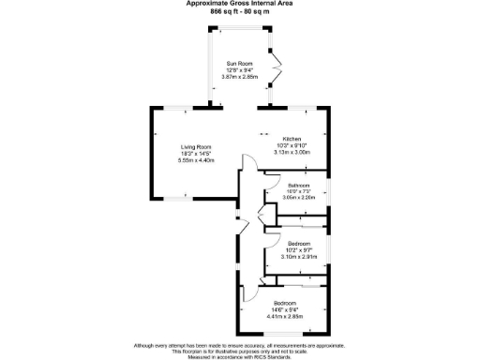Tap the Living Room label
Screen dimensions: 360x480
coord(197,147)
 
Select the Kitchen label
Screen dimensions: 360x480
coord(292,139)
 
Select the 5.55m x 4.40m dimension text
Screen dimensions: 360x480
coord(197,160)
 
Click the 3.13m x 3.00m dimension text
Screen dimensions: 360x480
coord(292,152)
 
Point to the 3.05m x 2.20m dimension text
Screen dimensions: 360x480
coord(300,199)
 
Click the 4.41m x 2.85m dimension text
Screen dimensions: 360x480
coord(284,316)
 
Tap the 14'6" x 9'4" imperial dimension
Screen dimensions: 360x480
coord(284,309)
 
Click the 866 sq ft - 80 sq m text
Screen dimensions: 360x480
coord(239,10)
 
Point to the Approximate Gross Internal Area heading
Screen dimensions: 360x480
coord(239,4)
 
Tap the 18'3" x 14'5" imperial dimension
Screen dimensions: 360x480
coord(197,154)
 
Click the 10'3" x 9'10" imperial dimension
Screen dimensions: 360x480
coord(292,145)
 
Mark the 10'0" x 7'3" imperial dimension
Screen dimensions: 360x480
coord(300,192)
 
